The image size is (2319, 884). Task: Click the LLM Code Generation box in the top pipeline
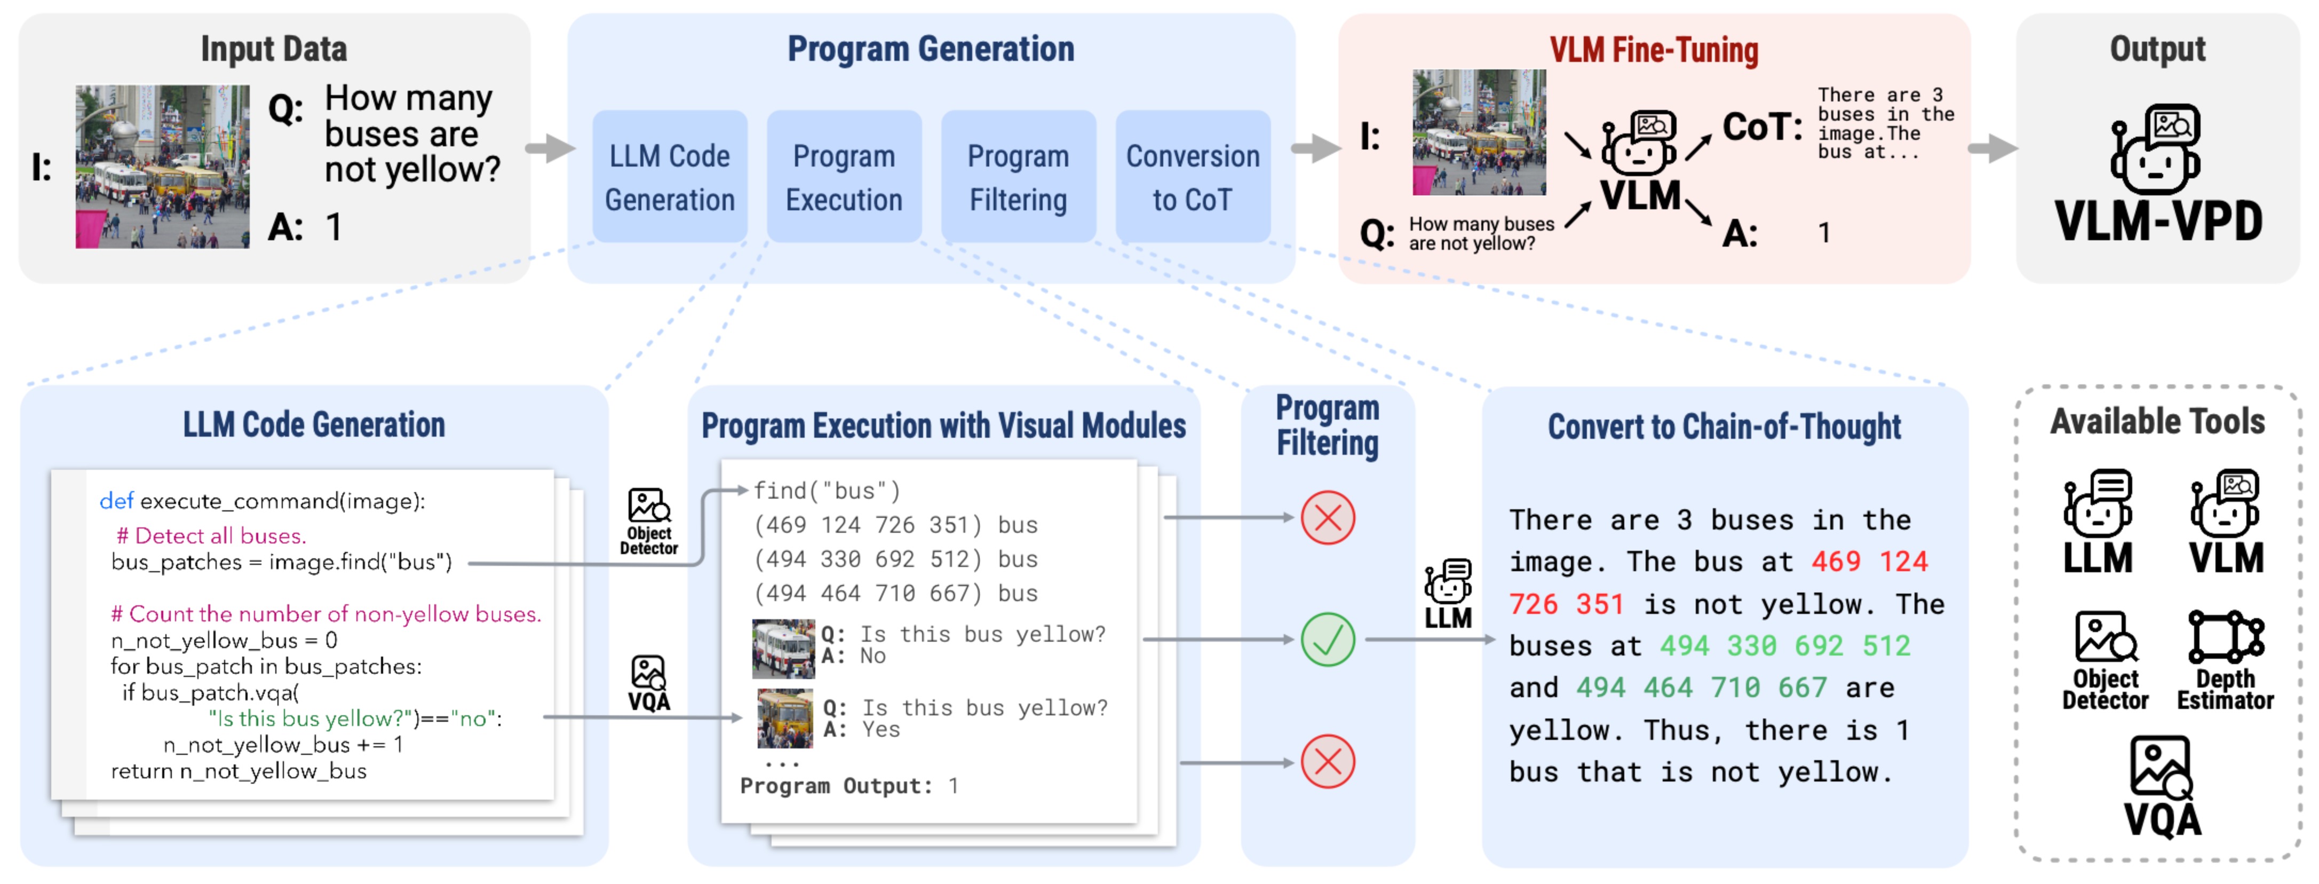[x=669, y=177]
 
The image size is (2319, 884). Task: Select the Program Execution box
[x=844, y=177]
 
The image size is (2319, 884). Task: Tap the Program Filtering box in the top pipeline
[x=1018, y=177]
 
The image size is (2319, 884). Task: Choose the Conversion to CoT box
[x=1192, y=177]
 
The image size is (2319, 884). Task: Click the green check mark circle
[x=1327, y=639]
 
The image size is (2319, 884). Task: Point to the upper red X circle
[x=1327, y=518]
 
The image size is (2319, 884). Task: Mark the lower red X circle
[x=1327, y=762]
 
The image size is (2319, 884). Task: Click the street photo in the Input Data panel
[x=162, y=167]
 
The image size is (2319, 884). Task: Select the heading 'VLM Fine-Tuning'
[x=1653, y=50]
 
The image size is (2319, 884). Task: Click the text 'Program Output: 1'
[x=848, y=786]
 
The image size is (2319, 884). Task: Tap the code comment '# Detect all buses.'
[x=211, y=535]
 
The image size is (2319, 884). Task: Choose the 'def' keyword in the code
[x=116, y=501]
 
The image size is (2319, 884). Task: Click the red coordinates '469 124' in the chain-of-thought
[x=1869, y=562]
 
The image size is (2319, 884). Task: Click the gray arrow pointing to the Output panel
[x=1991, y=148]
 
